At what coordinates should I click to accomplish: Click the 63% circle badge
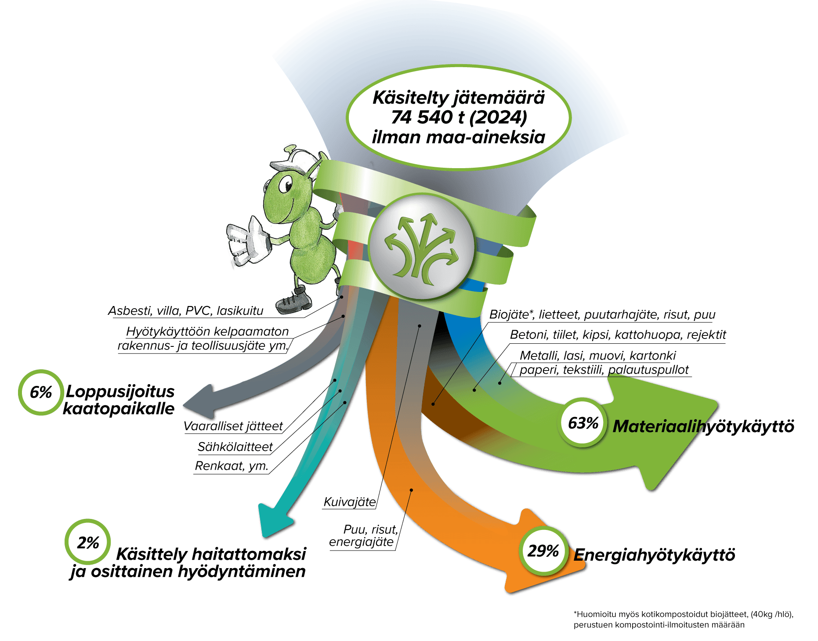coord(583,423)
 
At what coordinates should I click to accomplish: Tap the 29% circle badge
coord(543,551)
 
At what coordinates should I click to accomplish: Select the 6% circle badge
coord(41,392)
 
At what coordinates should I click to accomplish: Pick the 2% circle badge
coord(87,543)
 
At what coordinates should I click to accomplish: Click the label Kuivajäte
coord(350,502)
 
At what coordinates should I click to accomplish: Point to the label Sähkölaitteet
coord(235,447)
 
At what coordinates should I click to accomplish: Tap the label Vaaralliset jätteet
coord(233,426)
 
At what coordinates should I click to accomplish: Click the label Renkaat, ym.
coord(231,466)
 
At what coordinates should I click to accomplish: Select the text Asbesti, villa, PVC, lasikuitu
coord(186,311)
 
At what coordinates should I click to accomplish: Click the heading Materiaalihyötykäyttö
coord(703,426)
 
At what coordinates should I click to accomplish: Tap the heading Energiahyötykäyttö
coord(654,555)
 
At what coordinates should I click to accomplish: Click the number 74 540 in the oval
coord(421,117)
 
